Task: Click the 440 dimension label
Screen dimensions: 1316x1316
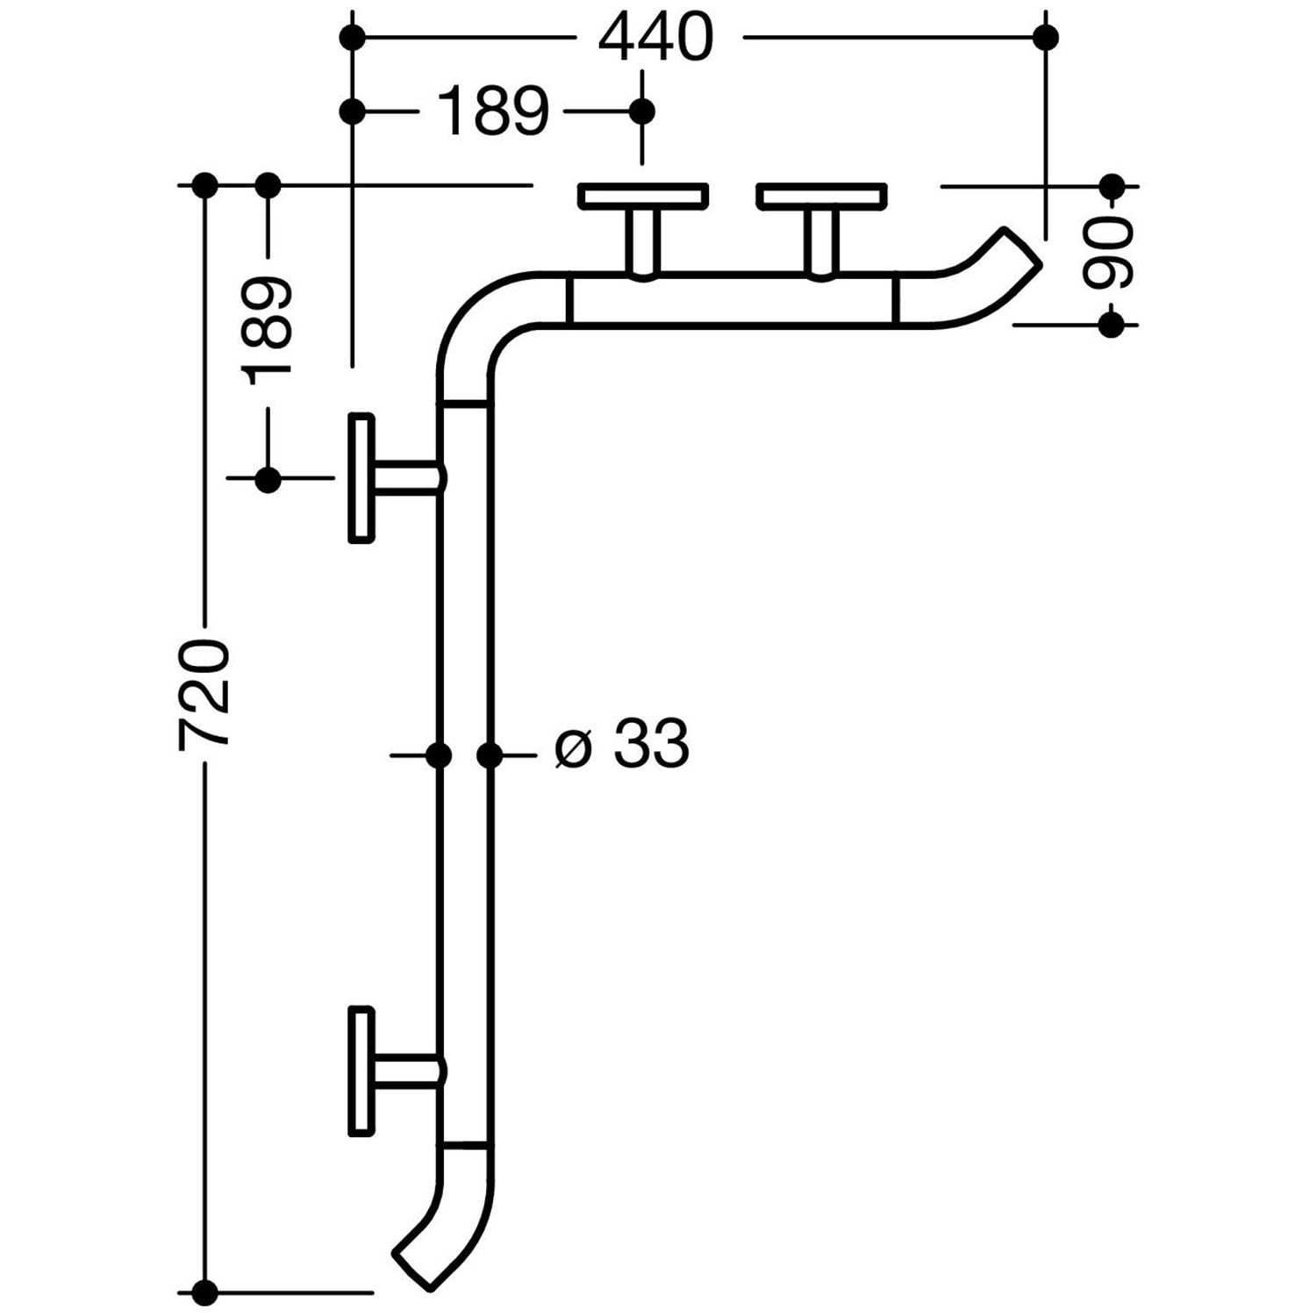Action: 655,38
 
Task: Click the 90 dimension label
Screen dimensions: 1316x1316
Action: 1110,254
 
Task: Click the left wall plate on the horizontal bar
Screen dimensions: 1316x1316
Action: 643,196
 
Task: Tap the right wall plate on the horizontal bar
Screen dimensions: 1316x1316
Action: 822,196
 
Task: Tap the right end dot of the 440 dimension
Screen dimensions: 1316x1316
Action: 1045,37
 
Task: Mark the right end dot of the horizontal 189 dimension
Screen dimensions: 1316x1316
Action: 643,111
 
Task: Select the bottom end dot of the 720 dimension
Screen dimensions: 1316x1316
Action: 204,1291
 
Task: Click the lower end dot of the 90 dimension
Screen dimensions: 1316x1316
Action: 1111,325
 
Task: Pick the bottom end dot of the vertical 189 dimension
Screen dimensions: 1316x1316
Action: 268,479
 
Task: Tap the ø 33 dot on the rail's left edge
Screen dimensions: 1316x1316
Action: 439,754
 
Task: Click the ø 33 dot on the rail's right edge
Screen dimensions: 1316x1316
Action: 490,754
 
